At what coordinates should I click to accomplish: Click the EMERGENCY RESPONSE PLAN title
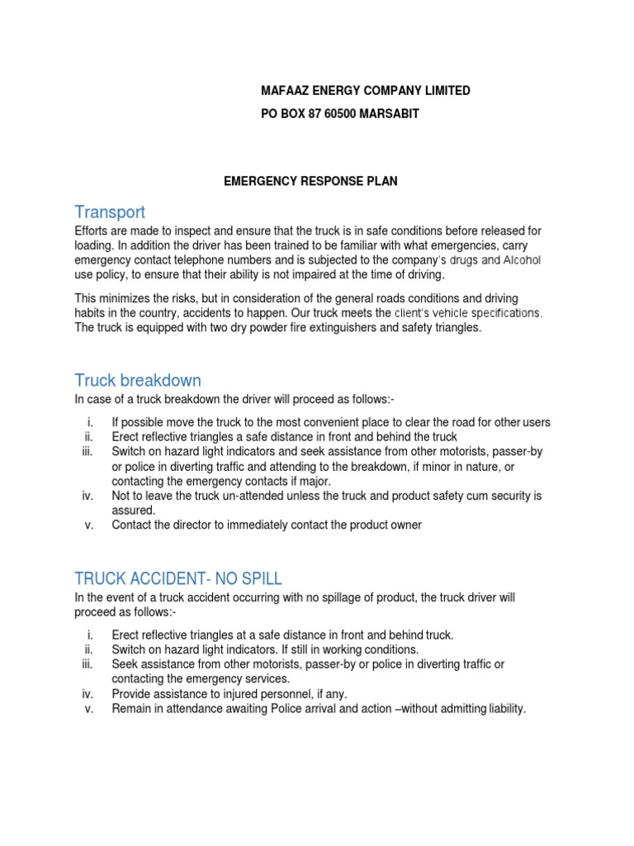(x=311, y=181)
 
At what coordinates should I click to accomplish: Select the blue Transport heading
(x=110, y=212)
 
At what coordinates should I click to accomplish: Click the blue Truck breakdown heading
(x=138, y=380)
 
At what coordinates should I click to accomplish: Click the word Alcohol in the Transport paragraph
(x=518, y=260)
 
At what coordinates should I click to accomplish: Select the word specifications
(x=504, y=313)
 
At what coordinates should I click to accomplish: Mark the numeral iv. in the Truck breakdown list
(x=88, y=496)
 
